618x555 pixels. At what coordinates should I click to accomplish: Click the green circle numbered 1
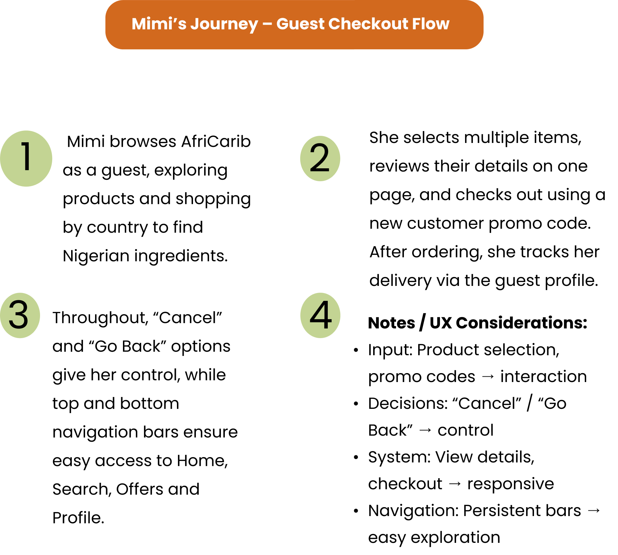coord(26,158)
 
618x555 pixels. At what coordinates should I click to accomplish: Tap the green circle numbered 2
coord(320,158)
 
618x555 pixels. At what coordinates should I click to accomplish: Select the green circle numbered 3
coord(20,315)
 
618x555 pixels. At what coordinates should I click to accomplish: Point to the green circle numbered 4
coord(320,315)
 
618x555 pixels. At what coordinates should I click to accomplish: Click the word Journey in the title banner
coord(224,24)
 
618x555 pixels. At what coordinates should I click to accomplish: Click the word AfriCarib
coord(216,142)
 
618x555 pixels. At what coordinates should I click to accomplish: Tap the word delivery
coord(400,281)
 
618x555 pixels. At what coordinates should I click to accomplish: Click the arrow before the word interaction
coord(488,377)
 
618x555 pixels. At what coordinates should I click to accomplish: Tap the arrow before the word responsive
coord(455,484)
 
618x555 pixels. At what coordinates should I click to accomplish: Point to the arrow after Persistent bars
coord(594,511)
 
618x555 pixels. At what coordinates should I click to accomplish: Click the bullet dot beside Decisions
coord(356,404)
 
